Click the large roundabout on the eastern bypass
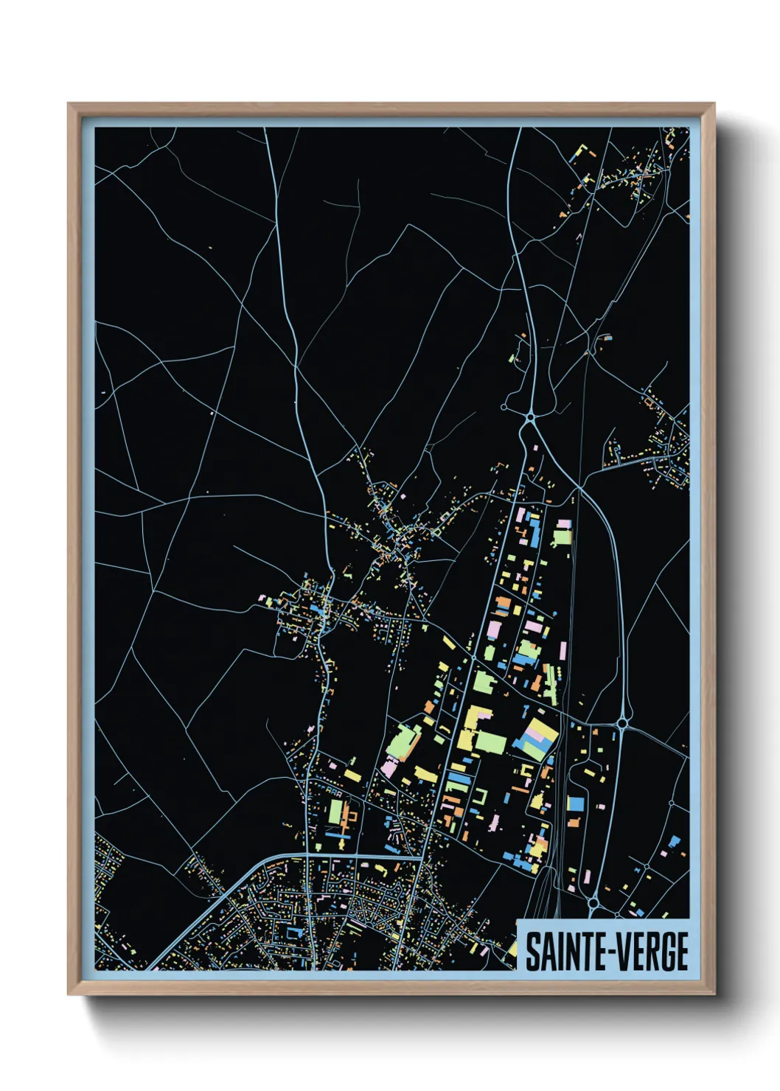click(x=622, y=724)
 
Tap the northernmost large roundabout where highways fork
click(x=530, y=418)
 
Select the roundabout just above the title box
click(x=593, y=902)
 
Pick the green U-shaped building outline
click(x=481, y=796)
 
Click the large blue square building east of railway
click(x=575, y=804)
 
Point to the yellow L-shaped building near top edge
click(x=584, y=153)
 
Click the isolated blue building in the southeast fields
click(x=674, y=841)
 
